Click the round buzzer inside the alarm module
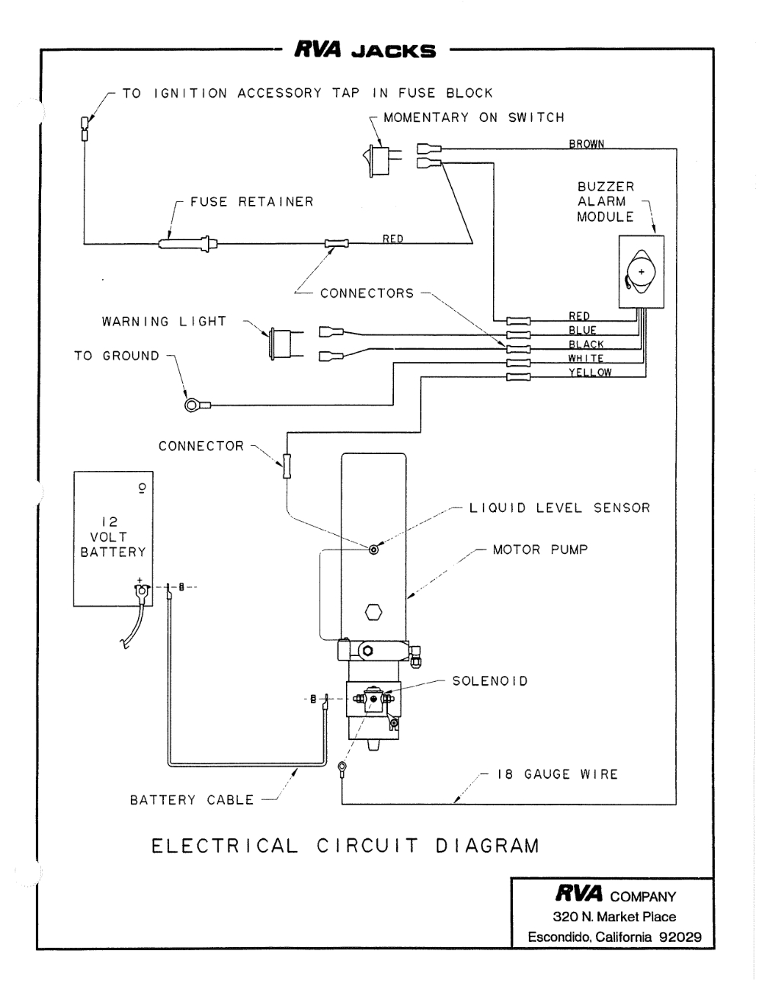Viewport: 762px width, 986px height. coord(640,272)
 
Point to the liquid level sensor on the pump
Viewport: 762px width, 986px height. coord(373,549)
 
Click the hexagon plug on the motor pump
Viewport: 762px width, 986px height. coord(374,612)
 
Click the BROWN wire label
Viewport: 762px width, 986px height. coord(586,143)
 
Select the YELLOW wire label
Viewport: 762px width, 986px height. coord(589,373)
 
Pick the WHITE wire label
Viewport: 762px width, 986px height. coord(585,358)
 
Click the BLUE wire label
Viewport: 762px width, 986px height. coord(582,330)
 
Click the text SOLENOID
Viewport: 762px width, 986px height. coord(490,680)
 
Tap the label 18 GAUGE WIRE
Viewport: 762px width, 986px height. coord(557,774)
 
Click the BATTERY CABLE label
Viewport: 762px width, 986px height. coord(191,800)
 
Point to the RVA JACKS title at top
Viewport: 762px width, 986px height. coord(365,52)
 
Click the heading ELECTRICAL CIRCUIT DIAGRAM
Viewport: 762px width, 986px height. coord(345,846)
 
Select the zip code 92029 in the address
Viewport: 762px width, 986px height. coord(680,937)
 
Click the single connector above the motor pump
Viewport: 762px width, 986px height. coord(287,466)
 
